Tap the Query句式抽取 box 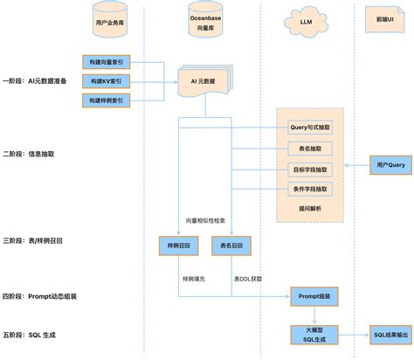click(310, 128)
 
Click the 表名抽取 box click(310, 149)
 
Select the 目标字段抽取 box click(310, 169)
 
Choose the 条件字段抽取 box click(310, 189)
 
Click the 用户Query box click(389, 164)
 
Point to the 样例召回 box click(178, 247)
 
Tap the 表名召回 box click(231, 247)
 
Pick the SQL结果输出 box click(389, 335)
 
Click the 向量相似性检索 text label click(205, 221)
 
